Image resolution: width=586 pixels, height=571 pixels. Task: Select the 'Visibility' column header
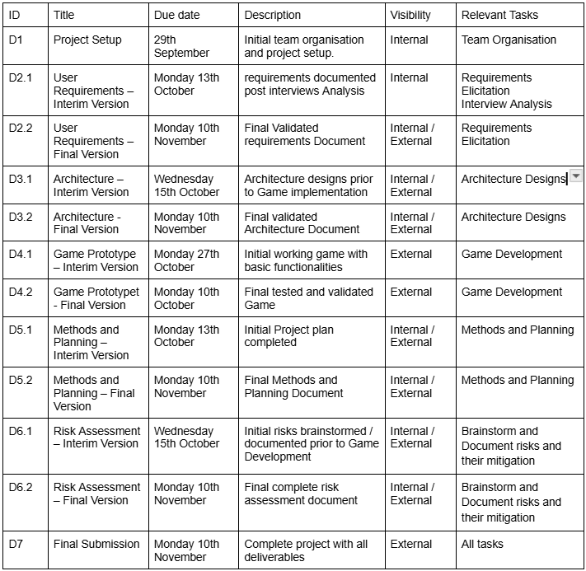coord(410,15)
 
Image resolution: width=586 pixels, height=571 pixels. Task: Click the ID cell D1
coord(16,40)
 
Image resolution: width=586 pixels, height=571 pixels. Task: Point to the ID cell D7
coord(16,544)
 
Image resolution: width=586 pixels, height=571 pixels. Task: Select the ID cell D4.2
coord(21,292)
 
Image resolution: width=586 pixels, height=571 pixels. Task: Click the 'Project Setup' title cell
coord(87,40)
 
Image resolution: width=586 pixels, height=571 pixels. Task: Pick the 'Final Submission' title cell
coord(96,544)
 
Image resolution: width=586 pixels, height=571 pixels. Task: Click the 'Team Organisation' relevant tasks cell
coord(509,40)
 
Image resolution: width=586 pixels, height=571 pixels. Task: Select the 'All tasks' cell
coord(482,544)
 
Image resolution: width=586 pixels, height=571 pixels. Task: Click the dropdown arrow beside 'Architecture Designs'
coord(576,176)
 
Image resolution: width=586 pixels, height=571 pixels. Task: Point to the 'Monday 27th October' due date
coord(186,260)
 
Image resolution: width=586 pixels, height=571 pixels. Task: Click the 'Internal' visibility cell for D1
coord(410,40)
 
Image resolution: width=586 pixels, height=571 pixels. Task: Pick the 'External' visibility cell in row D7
coord(411,544)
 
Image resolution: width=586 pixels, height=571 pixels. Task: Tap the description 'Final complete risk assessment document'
coord(301,494)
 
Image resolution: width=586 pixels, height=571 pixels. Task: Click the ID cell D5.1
coord(21,330)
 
